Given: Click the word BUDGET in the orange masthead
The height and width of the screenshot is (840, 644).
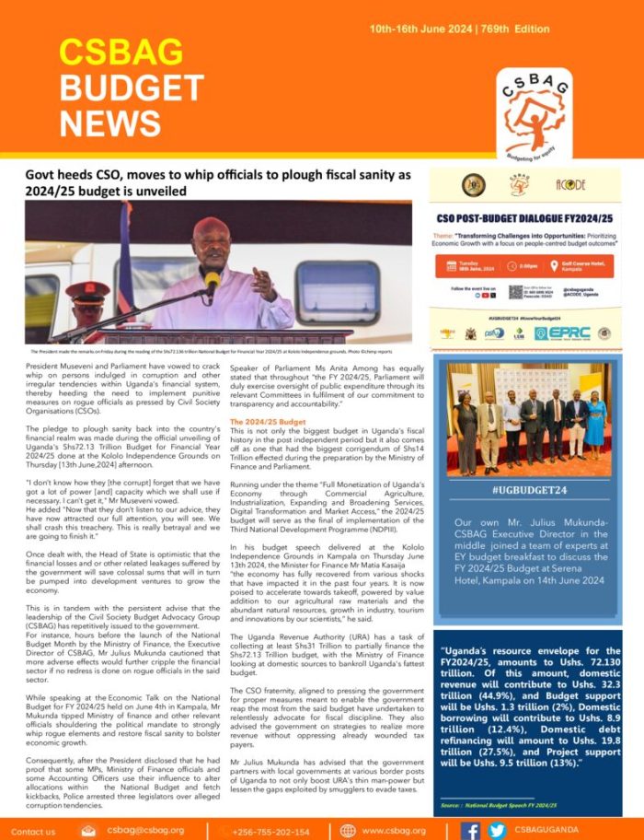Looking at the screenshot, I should point(131,88).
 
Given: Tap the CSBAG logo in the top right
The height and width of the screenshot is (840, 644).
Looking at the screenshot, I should point(537,114).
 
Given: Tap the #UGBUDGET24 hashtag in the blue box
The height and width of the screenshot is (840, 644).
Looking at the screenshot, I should point(528,491).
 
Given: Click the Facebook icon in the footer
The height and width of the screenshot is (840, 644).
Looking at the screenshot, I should point(471,830).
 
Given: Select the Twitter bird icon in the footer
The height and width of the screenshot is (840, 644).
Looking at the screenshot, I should point(496,830).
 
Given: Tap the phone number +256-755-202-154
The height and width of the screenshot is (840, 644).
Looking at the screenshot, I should point(271,830).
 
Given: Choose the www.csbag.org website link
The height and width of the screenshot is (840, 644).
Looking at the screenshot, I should point(394,830).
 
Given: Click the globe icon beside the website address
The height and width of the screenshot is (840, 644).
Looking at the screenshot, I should point(348,830).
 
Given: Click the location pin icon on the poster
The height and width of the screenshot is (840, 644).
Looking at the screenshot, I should point(543,266).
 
